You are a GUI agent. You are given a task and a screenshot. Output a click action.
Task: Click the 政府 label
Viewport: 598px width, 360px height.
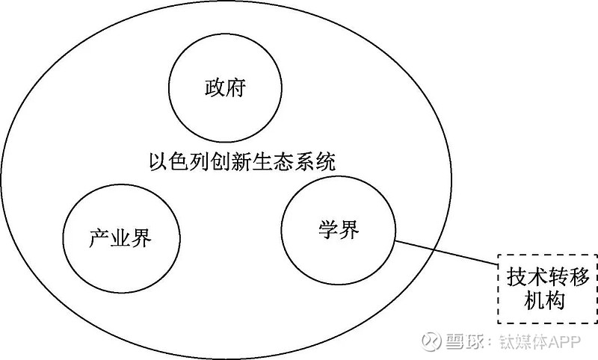click(226, 88)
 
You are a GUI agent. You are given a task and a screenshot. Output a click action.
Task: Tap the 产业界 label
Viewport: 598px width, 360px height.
click(120, 238)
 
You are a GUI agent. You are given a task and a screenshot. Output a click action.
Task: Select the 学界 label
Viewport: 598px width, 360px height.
click(339, 230)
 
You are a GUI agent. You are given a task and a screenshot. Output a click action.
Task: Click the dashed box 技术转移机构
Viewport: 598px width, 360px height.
click(548, 288)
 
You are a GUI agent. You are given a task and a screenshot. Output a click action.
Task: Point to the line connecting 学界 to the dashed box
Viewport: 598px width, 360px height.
click(446, 252)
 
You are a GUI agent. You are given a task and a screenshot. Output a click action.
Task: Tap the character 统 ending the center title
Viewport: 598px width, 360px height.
click(326, 161)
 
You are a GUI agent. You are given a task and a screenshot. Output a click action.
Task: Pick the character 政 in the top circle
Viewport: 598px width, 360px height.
click(215, 88)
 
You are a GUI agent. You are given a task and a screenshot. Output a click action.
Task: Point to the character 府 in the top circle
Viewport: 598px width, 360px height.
click(236, 88)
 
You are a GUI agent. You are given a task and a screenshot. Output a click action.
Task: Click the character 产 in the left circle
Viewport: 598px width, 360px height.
click(99, 238)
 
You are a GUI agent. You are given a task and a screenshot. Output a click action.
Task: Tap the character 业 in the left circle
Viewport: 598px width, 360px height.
click(120, 238)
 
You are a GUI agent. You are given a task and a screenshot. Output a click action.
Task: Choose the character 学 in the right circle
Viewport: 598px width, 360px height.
click(329, 230)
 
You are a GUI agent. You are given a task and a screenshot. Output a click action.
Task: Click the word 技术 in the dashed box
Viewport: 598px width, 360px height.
click(527, 277)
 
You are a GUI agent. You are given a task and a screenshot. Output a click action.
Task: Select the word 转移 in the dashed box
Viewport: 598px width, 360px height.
click(569, 277)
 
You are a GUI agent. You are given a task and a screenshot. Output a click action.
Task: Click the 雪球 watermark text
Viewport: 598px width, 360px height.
click(462, 341)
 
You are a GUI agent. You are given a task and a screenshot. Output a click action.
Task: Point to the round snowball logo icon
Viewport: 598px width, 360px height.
click(431, 341)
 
